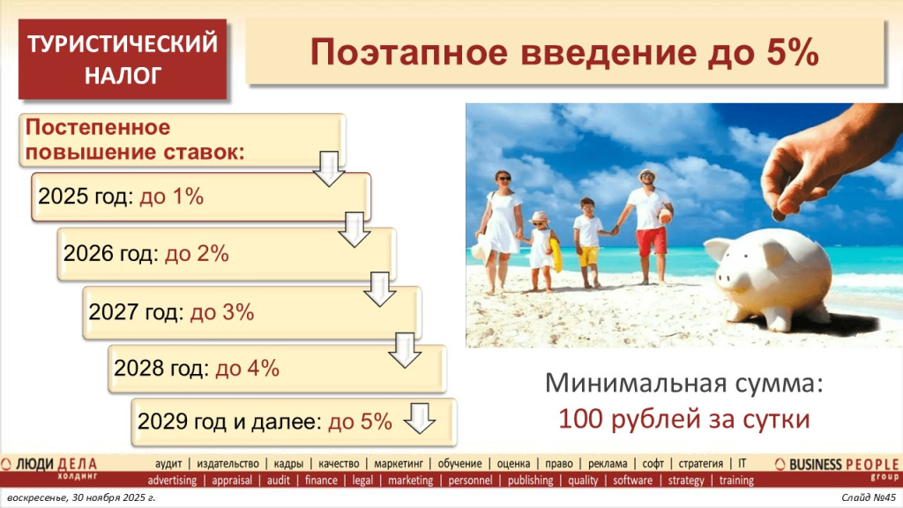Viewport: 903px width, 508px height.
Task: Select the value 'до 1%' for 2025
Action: (x=172, y=197)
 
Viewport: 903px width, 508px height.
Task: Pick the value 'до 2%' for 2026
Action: (x=198, y=254)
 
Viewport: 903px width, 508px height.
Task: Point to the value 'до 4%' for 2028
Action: (x=248, y=369)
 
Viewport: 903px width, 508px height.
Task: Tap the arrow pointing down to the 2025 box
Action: (x=329, y=168)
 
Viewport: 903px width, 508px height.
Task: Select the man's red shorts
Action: (x=652, y=241)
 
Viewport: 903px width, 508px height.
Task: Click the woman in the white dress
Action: (x=502, y=225)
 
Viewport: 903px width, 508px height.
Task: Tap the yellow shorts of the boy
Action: (x=588, y=255)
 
